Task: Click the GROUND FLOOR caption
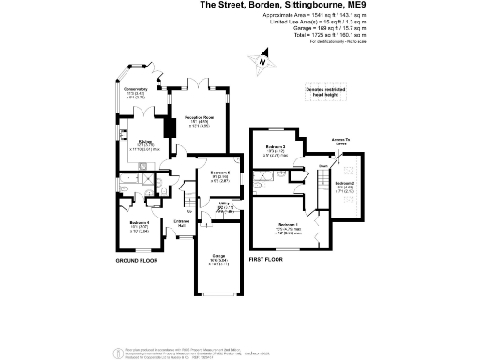tap(140, 258)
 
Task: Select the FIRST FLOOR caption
tap(268, 258)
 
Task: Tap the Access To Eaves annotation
tap(340, 142)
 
